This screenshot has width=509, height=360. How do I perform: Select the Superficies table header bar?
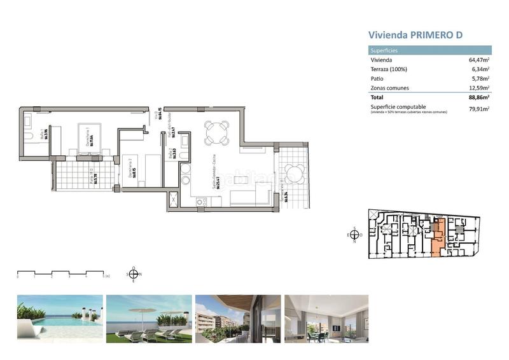tap(430, 50)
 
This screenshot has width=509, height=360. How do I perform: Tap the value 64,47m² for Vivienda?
tap(478, 60)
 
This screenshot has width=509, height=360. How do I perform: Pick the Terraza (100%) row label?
tap(389, 69)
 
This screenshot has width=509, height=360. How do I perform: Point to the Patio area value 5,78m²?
tap(480, 79)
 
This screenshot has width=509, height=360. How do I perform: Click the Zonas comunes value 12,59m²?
tap(478, 88)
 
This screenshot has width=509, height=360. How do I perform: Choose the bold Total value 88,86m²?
tap(478, 99)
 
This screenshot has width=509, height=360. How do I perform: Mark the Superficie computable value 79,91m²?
tap(478, 109)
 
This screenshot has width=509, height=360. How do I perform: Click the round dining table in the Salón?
tap(216, 132)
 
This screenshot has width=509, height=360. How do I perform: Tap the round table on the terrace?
tap(295, 173)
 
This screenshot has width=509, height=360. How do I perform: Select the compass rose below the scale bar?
tap(132, 273)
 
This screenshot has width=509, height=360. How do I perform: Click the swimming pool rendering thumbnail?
tap(60, 319)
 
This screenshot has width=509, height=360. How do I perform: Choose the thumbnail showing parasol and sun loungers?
tap(149, 319)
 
